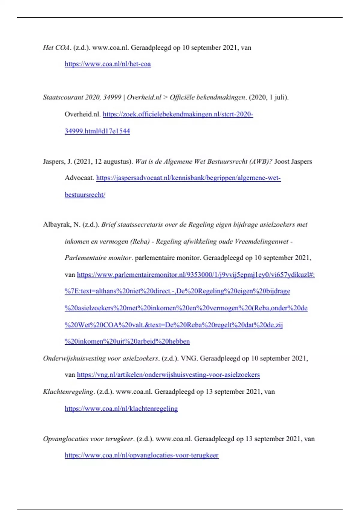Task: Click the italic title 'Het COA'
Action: pyautogui.click(x=56, y=48)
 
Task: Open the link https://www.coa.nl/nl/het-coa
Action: pyautogui.click(x=108, y=64)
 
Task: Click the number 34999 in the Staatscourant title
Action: pyautogui.click(x=112, y=97)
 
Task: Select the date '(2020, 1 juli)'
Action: pyautogui.click(x=268, y=97)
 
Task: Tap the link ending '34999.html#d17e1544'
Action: pyautogui.click(x=97, y=131)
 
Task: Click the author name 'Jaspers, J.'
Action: pyautogui.click(x=57, y=161)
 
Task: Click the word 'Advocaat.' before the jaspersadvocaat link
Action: pyautogui.click(x=79, y=178)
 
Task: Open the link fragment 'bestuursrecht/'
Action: pyautogui.click(x=85, y=195)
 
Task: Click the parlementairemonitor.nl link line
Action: pyautogui.click(x=196, y=275)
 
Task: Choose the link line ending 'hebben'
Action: pyautogui.click(x=127, y=341)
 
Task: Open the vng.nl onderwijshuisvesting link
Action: pyautogui.click(x=168, y=375)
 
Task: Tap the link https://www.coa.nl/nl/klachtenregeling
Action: pyautogui.click(x=121, y=409)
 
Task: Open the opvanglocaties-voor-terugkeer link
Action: pyautogui.click(x=142, y=455)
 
